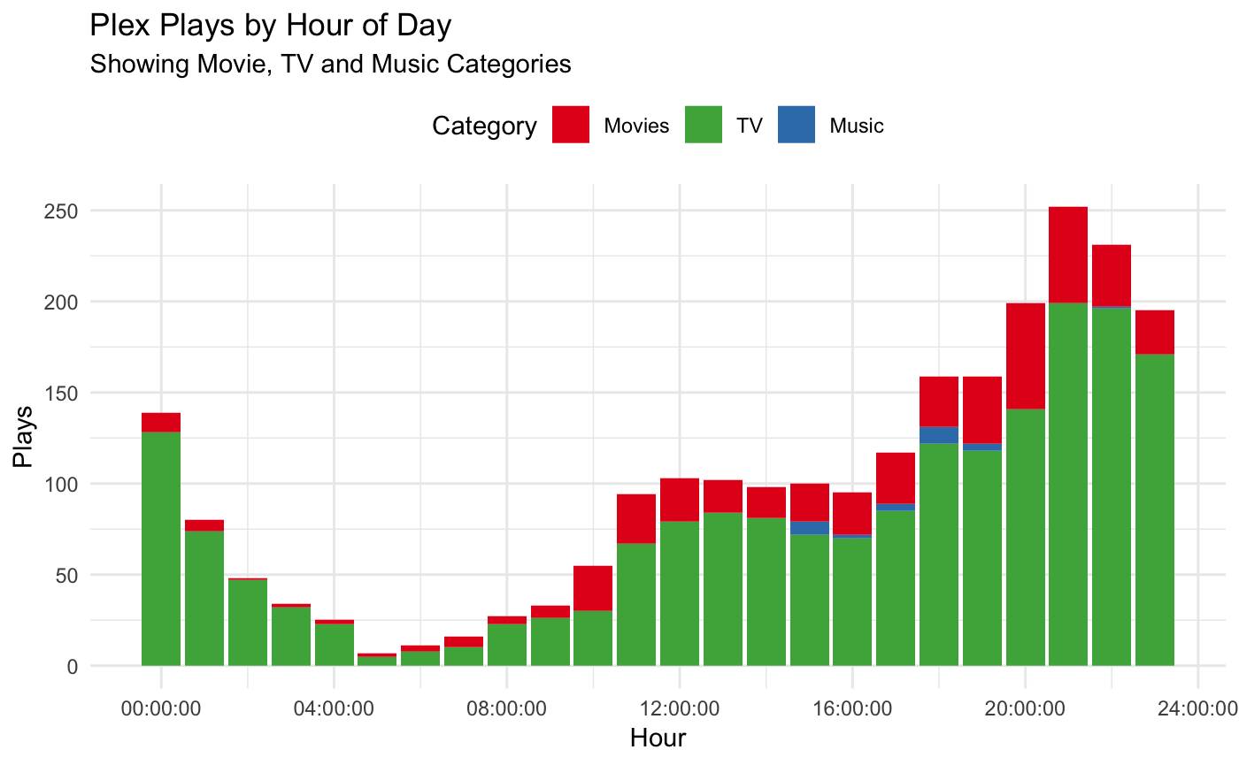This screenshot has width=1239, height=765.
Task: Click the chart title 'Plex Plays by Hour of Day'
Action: [271, 26]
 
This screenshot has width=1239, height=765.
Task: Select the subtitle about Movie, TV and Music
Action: [330, 65]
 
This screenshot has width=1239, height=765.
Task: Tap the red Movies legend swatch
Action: [571, 125]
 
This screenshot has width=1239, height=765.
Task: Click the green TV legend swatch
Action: [704, 125]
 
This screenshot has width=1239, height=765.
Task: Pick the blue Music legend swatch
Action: [796, 125]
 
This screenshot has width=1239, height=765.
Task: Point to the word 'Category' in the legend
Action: [484, 126]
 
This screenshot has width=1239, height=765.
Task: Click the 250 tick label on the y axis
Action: [63, 211]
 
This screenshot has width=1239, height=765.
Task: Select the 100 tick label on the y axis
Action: [63, 485]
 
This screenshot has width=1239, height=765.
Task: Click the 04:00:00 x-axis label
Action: [334, 708]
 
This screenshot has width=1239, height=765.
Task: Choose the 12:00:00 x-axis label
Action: [679, 708]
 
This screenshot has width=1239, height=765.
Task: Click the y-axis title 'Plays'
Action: [24, 437]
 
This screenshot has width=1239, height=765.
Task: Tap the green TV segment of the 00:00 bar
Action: [161, 548]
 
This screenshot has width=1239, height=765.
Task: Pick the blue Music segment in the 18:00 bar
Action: [938, 435]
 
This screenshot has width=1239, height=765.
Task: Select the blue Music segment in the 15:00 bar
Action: [809, 528]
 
